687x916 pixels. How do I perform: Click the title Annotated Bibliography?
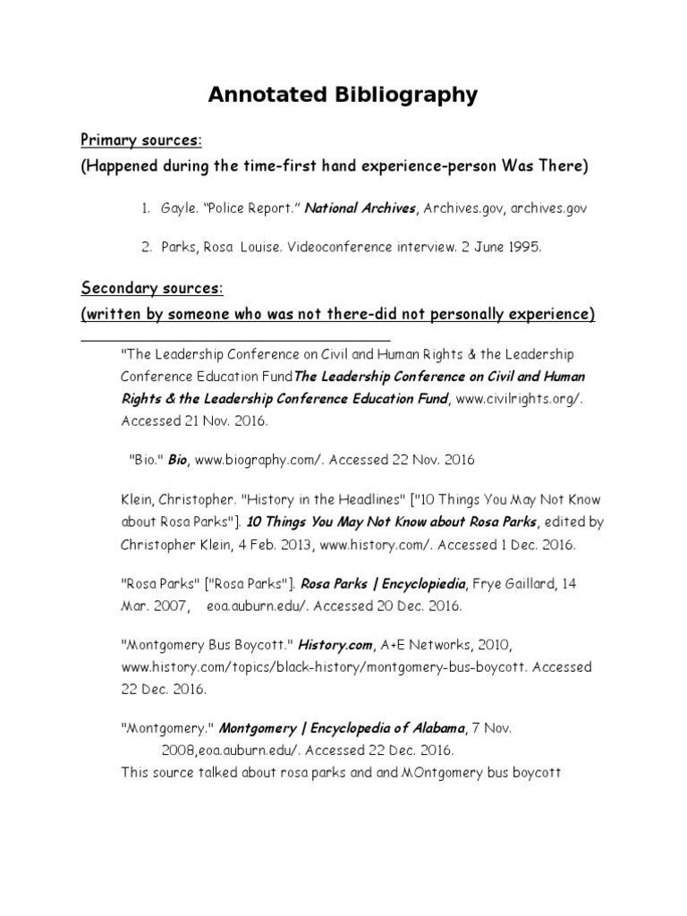click(x=343, y=95)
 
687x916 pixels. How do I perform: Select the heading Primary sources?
click(x=141, y=141)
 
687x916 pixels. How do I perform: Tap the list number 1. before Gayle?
click(x=145, y=208)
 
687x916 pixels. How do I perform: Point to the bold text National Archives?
click(x=361, y=208)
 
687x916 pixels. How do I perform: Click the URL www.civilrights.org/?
click(x=519, y=397)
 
